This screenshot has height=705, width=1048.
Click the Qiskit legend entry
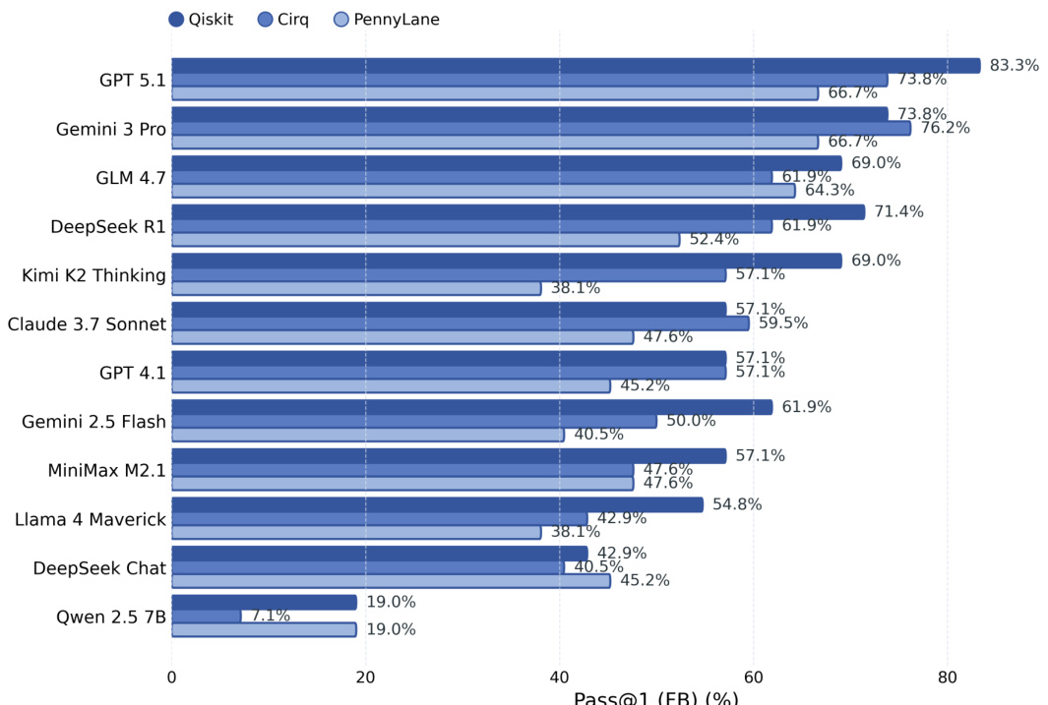201,20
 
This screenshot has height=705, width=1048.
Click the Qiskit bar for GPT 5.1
576,66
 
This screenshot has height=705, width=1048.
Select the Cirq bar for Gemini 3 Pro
541,128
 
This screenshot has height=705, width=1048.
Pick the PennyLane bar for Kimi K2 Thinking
356,288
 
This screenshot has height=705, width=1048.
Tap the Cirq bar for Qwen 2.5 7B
207,616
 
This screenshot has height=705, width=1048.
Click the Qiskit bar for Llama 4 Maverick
438,504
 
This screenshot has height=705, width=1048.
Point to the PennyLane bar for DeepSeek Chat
391,580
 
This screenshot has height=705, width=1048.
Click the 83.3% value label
1014,66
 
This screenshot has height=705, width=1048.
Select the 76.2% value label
945,128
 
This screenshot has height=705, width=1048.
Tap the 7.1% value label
271,616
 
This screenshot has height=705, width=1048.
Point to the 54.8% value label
737,504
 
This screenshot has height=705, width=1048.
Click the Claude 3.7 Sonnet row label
87,323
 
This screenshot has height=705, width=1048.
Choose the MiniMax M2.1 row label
106,470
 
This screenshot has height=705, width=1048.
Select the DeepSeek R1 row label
108,226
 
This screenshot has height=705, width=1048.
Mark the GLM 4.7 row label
131,178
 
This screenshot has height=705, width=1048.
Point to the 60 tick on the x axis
754,677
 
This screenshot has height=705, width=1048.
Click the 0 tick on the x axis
172,677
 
